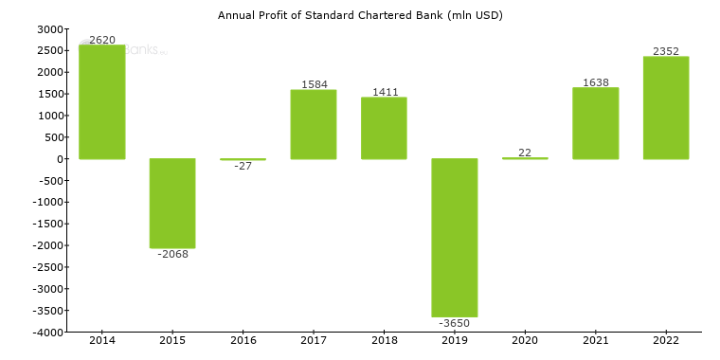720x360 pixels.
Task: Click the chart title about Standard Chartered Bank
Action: click(360, 15)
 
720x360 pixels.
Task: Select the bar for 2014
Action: click(102, 102)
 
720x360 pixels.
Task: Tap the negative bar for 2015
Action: click(172, 203)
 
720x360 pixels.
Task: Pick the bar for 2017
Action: click(314, 124)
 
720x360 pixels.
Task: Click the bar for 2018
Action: click(384, 128)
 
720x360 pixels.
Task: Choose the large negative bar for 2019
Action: click(455, 238)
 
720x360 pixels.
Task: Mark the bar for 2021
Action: click(596, 123)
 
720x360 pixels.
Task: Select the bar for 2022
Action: click(666, 108)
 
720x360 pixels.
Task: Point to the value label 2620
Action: click(102, 40)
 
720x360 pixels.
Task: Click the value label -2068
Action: click(172, 254)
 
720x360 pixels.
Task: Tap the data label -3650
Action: click(455, 323)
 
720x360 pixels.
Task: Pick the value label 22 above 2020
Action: click(525, 153)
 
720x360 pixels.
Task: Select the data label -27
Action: click(243, 166)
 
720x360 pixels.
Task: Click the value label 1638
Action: click(596, 82)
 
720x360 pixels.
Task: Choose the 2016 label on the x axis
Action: click(243, 340)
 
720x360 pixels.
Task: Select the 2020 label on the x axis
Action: click(525, 340)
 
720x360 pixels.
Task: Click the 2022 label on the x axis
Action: click(666, 340)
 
